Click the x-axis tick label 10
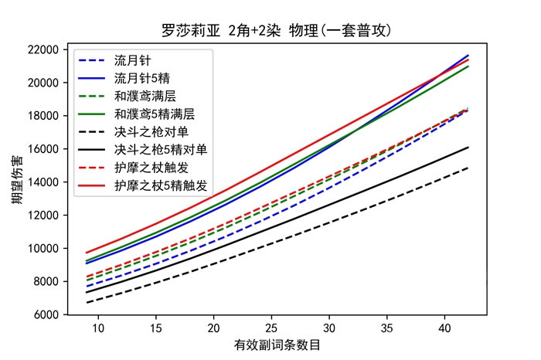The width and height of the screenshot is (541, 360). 98,328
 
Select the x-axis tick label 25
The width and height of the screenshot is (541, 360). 271,328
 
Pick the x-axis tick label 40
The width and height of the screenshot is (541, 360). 444,328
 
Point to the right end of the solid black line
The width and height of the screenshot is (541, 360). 468,147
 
